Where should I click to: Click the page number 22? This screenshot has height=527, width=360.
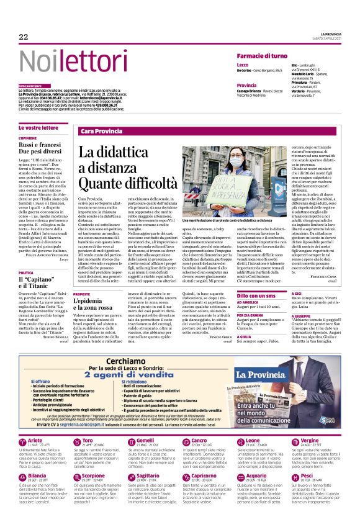24,37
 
